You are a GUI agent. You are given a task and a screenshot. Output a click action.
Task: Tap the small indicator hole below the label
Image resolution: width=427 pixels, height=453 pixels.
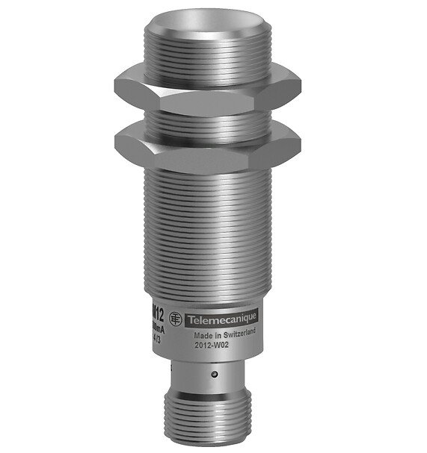click(214, 373)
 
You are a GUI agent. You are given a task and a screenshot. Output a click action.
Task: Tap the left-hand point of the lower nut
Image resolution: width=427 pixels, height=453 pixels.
click(118, 140)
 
